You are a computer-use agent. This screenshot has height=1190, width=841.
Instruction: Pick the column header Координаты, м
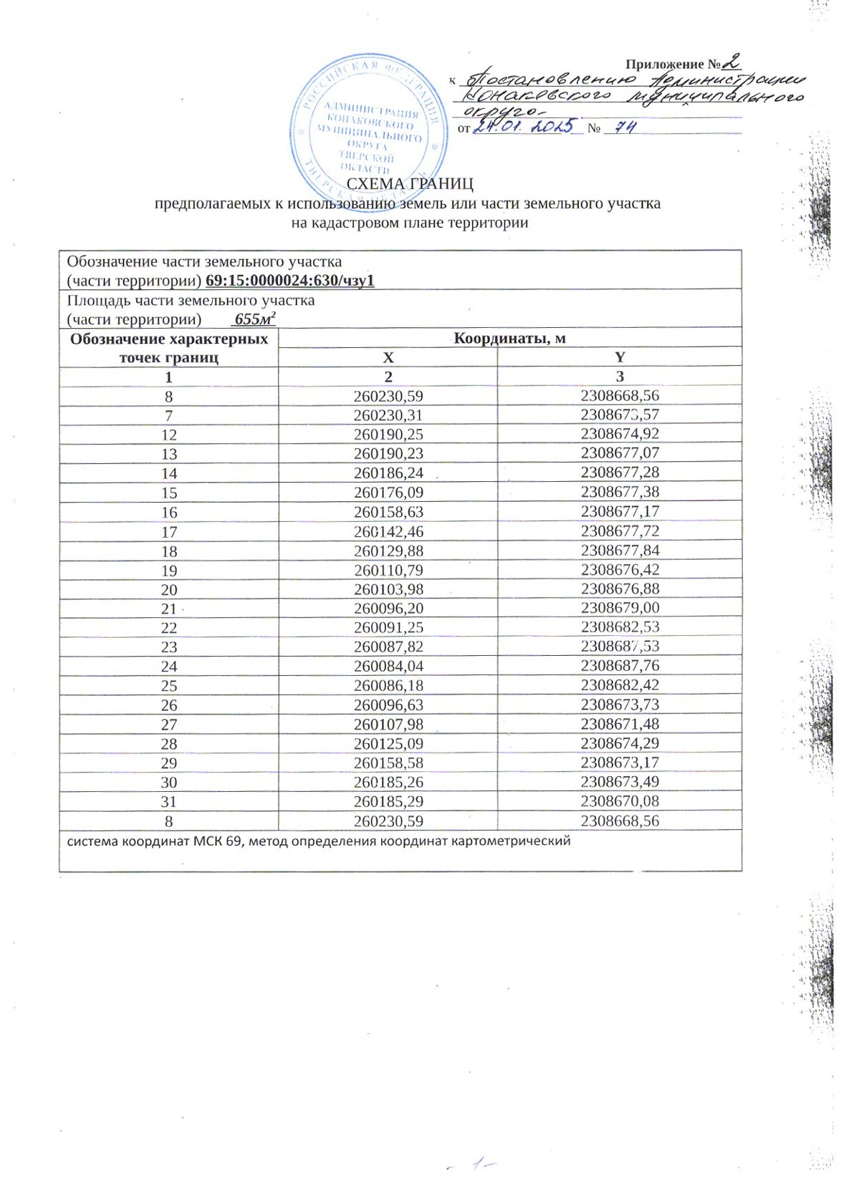(x=509, y=337)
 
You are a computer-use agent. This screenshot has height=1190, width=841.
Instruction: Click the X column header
(x=388, y=357)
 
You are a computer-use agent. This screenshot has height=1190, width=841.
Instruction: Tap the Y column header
(x=620, y=357)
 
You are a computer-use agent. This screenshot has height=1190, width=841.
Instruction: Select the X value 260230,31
(x=388, y=415)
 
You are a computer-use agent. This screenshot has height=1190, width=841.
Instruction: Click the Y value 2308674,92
(x=620, y=434)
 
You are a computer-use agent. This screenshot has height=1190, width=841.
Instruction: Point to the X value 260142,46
(x=388, y=532)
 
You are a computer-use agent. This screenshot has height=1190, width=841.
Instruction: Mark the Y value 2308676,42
(x=620, y=571)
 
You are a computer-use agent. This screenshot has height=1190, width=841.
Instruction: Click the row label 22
(x=169, y=628)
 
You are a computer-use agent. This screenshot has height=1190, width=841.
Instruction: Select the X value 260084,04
(x=388, y=666)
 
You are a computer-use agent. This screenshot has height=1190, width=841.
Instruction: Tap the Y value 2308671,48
(x=620, y=724)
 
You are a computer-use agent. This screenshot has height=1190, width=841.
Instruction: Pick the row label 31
(x=169, y=802)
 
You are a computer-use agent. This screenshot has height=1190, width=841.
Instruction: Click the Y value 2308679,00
(x=620, y=608)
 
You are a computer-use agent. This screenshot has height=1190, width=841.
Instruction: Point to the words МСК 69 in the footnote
(x=217, y=841)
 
